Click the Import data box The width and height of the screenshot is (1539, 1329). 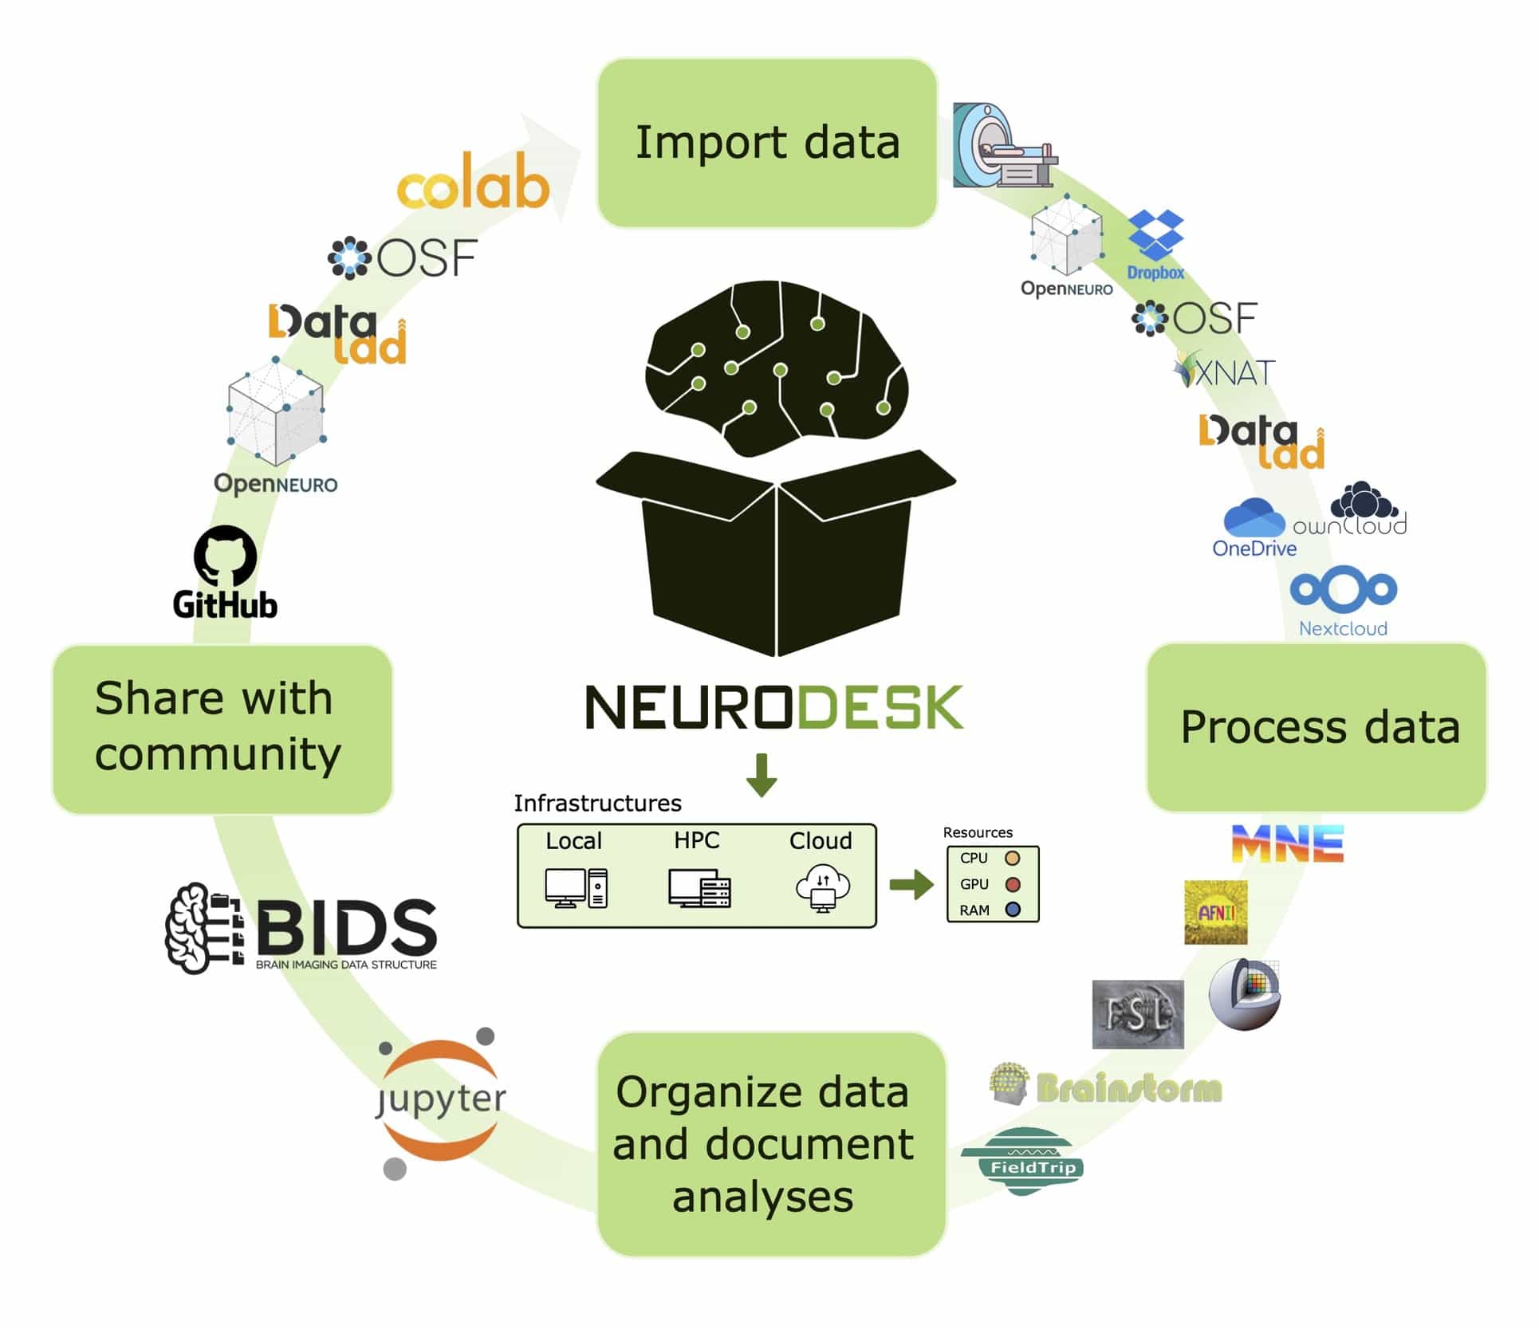(767, 143)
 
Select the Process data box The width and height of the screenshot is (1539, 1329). (1317, 727)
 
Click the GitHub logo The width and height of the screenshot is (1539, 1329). (226, 572)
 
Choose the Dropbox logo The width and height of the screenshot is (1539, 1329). (1156, 244)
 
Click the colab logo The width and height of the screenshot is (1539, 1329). (474, 183)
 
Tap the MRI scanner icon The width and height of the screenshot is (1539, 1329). (1003, 147)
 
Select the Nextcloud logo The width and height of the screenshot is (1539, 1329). (1344, 601)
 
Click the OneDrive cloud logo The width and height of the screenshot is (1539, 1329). (1254, 519)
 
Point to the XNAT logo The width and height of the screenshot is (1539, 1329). (1225, 371)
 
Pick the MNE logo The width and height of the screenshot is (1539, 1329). (1288, 843)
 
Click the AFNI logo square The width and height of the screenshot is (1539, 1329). (1215, 912)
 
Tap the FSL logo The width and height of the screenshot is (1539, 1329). (1137, 1014)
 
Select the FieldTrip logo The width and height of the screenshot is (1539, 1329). (1022, 1160)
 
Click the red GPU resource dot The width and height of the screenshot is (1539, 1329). (1014, 884)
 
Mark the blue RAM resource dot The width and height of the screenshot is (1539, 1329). (1014, 910)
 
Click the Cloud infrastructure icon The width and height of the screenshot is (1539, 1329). (822, 887)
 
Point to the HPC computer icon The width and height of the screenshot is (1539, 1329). (699, 888)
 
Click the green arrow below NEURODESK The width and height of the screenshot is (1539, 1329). (762, 774)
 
